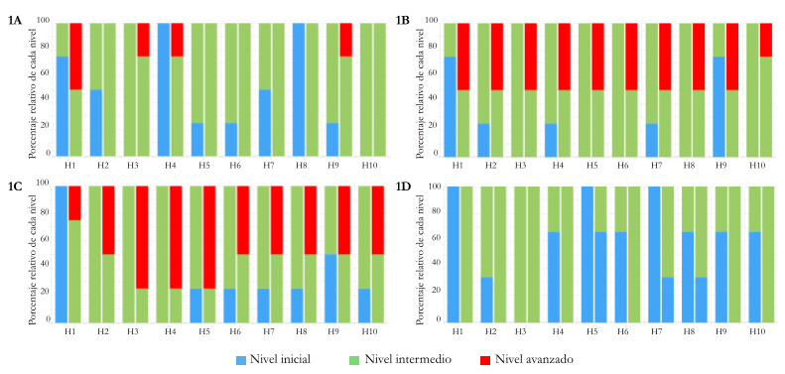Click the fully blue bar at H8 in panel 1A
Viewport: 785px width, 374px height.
coord(299,89)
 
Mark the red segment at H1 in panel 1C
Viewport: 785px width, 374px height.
coord(75,202)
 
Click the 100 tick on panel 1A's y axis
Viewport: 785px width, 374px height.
coord(39,21)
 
